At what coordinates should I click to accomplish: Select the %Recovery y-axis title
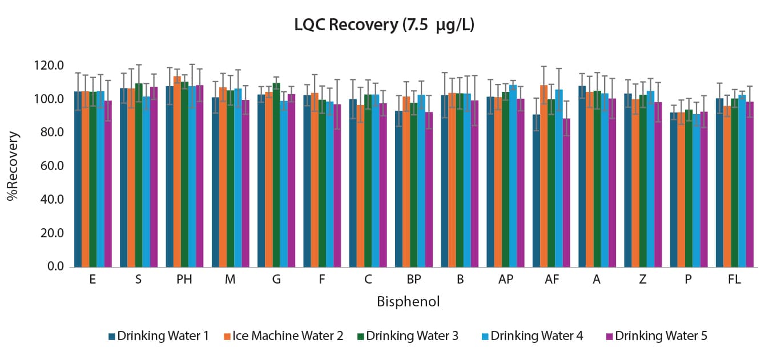tap(13, 166)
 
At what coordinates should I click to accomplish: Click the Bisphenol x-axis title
tap(408, 302)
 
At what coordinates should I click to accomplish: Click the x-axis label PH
tap(184, 280)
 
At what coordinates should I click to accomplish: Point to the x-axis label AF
tap(551, 280)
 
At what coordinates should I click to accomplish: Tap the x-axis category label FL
tap(734, 280)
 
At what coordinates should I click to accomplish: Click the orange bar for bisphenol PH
tap(177, 171)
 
